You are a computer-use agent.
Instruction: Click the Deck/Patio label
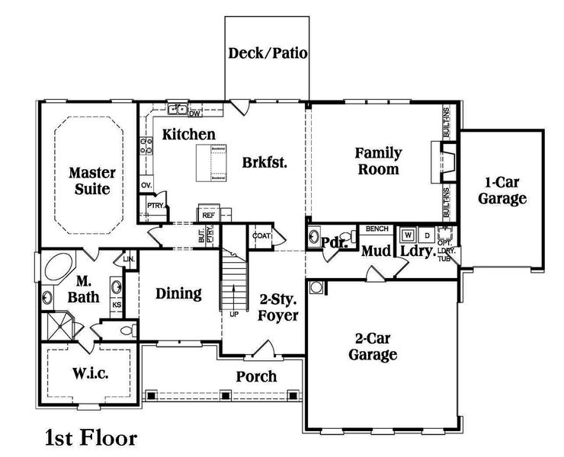click(x=267, y=54)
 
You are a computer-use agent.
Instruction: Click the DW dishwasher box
click(x=194, y=113)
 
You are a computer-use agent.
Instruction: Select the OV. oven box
click(x=146, y=185)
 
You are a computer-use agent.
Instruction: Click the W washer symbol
click(x=409, y=235)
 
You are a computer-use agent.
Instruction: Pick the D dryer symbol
click(x=427, y=235)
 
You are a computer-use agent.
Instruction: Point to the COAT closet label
click(x=261, y=236)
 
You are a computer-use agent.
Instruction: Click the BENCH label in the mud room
click(x=377, y=228)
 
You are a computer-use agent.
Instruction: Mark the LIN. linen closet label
click(x=129, y=260)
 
